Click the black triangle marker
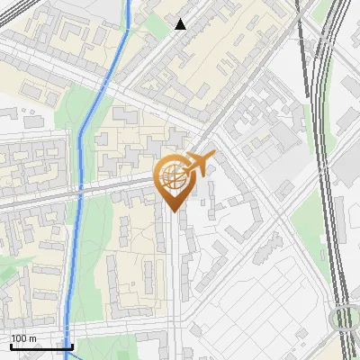(x=180, y=24)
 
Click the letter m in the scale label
(x=32, y=338)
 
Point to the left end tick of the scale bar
(x=11, y=346)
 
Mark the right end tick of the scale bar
(x=72, y=346)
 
